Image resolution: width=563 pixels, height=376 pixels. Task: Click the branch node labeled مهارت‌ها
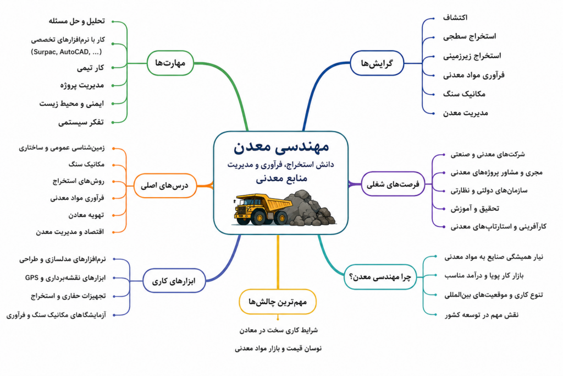tap(170, 63)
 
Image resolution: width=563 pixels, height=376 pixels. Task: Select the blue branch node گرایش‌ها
tap(377, 63)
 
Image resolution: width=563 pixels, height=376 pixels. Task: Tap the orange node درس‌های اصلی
tap(165, 186)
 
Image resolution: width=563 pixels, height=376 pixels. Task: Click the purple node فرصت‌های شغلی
tap(393, 184)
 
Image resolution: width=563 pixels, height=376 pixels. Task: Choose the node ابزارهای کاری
tap(174, 281)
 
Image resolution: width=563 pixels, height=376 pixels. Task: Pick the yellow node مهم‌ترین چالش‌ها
tap(278, 302)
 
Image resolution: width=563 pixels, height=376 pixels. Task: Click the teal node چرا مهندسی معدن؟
tap(380, 277)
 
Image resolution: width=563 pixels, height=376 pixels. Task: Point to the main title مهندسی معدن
tap(281, 146)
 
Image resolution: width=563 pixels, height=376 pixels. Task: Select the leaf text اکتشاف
tap(455, 17)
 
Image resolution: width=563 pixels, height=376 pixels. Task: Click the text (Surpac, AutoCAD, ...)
tap(67, 52)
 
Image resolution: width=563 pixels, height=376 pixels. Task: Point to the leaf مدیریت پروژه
tap(82, 85)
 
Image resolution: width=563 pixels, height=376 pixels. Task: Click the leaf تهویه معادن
tap(86, 215)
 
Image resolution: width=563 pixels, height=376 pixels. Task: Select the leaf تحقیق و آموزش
tap(474, 209)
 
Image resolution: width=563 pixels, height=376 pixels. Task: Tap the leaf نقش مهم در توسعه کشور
tap(482, 315)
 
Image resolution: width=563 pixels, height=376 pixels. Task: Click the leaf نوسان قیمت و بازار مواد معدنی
tap(278, 348)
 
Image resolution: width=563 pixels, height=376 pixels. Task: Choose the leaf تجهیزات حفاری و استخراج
tap(68, 296)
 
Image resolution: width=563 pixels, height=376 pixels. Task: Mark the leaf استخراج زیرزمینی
tap(472, 56)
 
